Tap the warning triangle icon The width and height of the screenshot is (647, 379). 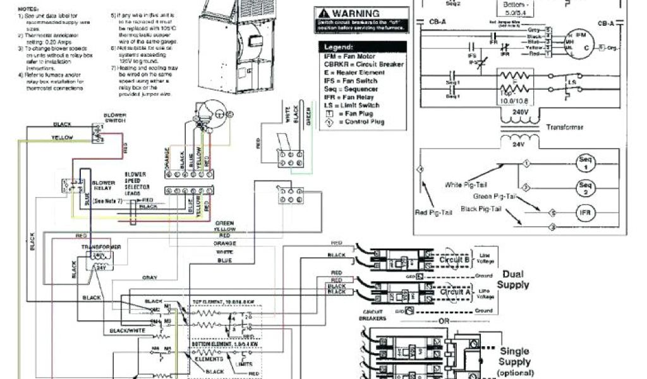(322, 13)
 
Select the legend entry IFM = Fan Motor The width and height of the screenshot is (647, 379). (346, 57)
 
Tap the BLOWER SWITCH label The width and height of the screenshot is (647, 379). (114, 118)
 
